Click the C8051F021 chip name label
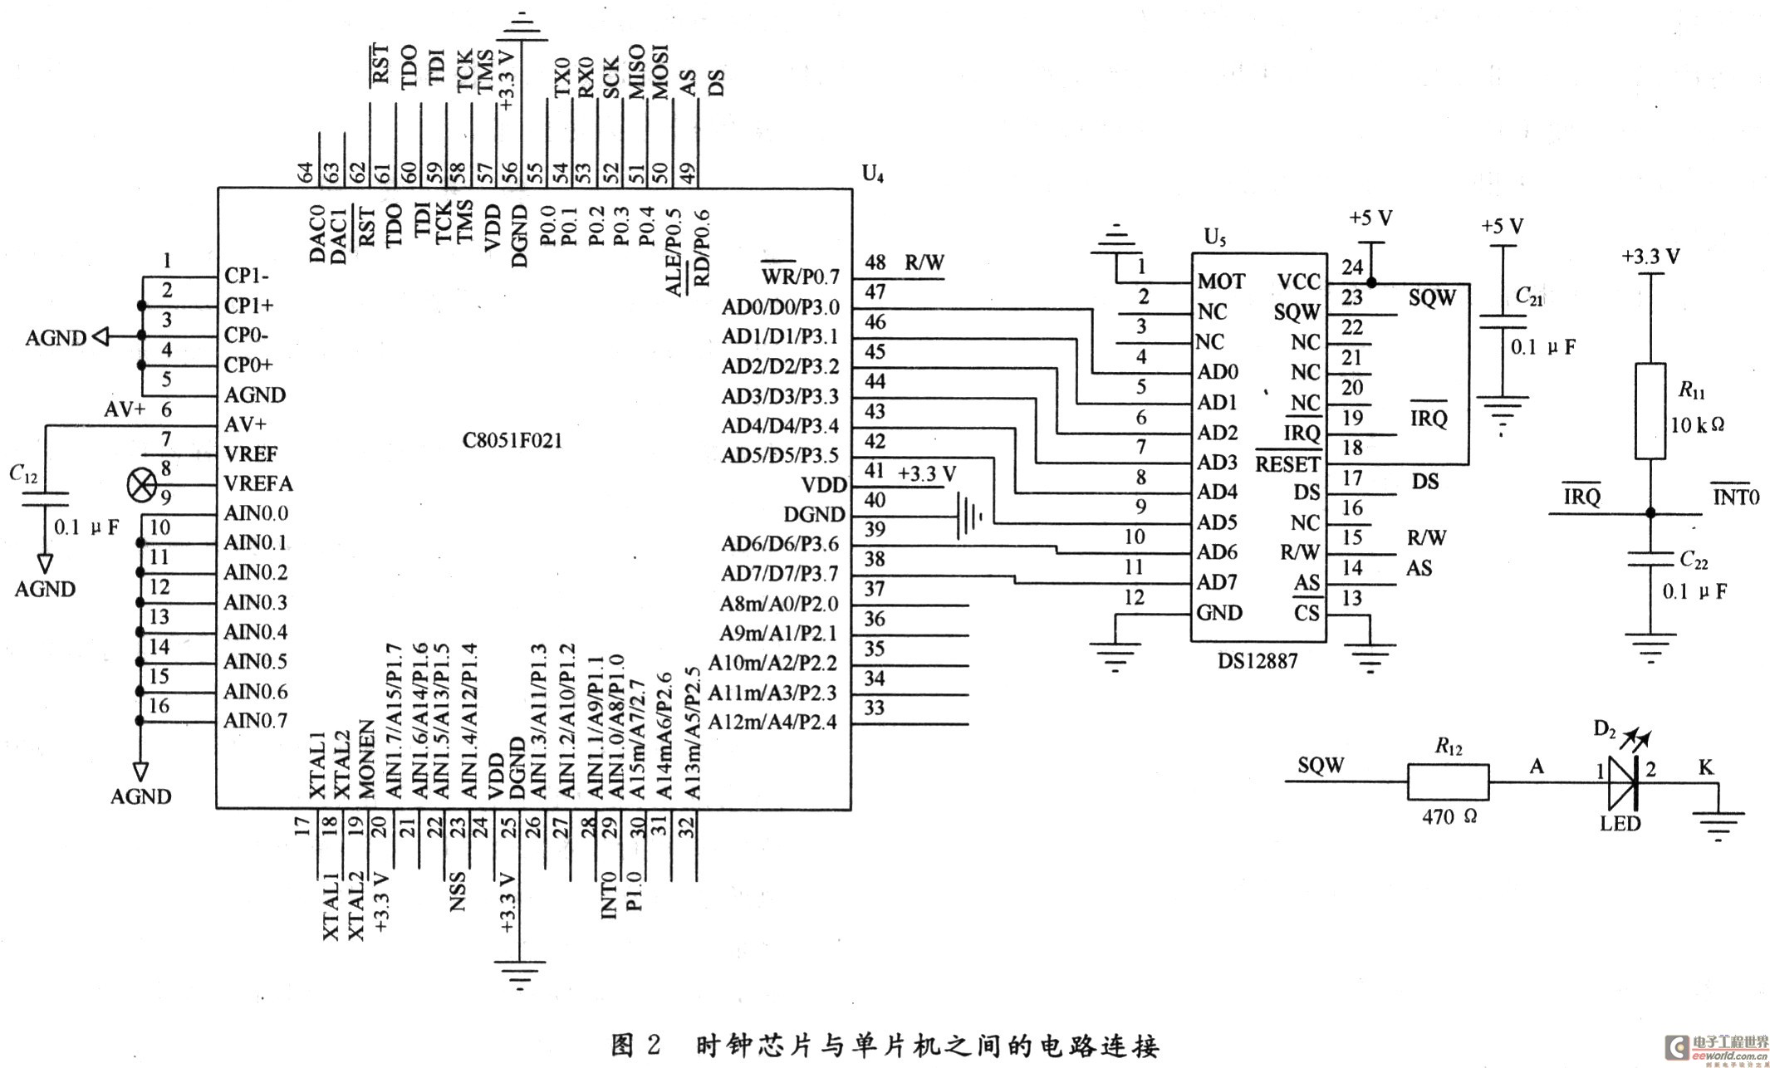[512, 440]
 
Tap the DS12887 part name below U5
[1258, 661]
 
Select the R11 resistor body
[1650, 411]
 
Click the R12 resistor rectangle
[1448, 782]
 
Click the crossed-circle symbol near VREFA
[140, 484]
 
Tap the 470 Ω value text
[1449, 817]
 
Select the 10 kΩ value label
[1698, 424]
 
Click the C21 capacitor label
[1528, 296]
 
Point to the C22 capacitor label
[1694, 560]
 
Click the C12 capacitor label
[23, 473]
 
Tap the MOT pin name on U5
[1221, 282]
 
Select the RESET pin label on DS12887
[1287, 463]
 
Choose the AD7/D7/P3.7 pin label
[779, 574]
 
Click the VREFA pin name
[258, 484]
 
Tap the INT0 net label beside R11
[1735, 496]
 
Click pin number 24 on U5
[1352, 267]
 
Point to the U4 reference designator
[873, 173]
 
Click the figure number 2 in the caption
[653, 1044]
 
